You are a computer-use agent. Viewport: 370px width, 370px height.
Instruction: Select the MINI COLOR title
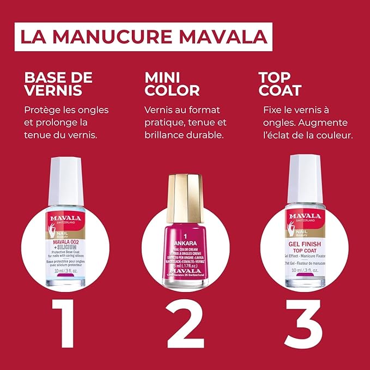click(x=172, y=83)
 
